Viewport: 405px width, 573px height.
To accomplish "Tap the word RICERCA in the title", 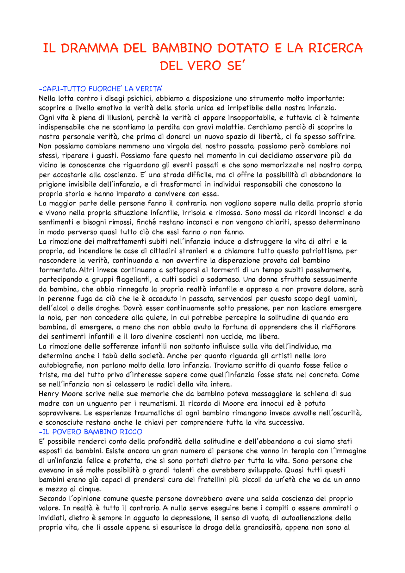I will [335, 48].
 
